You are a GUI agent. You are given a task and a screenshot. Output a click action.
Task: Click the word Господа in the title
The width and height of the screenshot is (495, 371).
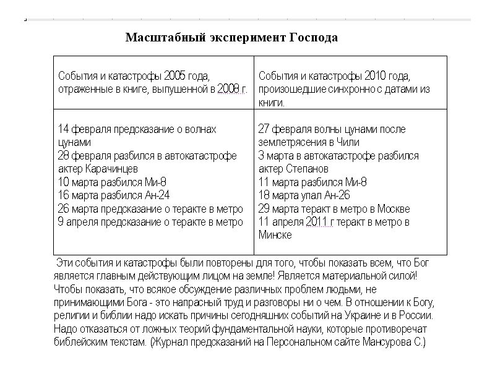pyautogui.click(x=313, y=38)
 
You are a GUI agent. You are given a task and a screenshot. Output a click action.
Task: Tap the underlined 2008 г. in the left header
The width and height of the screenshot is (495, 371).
pyautogui.click(x=233, y=90)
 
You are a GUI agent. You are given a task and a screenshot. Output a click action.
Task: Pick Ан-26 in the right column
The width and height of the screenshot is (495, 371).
pyautogui.click(x=338, y=195)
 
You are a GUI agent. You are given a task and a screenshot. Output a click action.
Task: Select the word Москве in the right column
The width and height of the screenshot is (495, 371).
pyautogui.click(x=392, y=209)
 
